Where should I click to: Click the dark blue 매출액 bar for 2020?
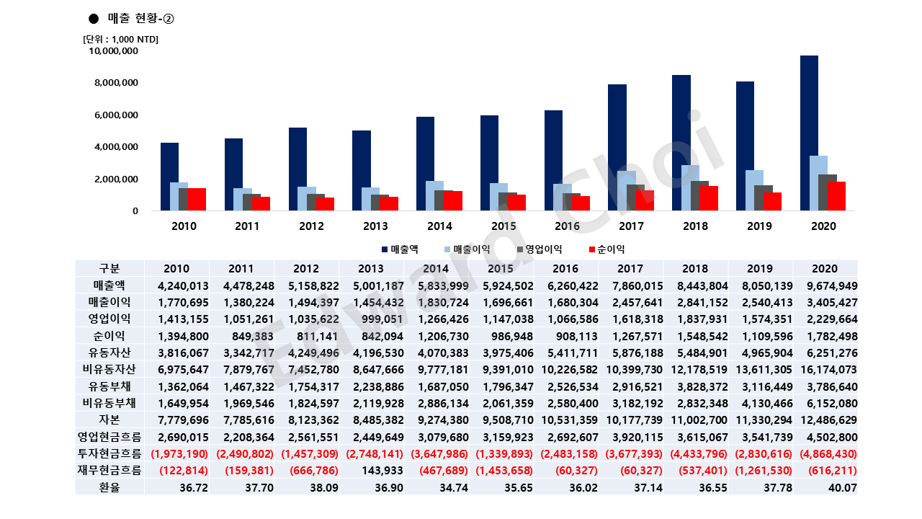click(809, 133)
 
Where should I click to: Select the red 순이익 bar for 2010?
click(197, 200)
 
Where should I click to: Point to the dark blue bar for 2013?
click(361, 171)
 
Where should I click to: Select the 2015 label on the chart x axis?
click(503, 226)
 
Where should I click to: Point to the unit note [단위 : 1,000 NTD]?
click(121, 39)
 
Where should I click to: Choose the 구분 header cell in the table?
click(109, 268)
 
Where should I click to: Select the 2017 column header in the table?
click(631, 268)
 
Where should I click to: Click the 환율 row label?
click(109, 487)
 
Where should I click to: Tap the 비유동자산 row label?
click(109, 369)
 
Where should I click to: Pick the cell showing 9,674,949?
click(828, 285)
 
